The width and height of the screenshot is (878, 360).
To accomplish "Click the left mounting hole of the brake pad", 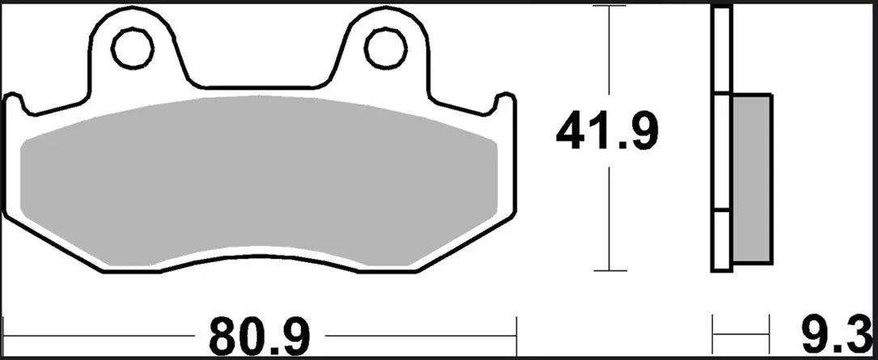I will point(132,49).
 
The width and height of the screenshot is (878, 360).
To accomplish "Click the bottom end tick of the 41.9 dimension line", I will point(607,271).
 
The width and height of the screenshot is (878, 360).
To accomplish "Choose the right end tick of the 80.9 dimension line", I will point(516,332).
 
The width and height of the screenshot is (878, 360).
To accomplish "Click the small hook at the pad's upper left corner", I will point(14,100).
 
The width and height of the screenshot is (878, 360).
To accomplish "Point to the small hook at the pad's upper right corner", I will point(506,100).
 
